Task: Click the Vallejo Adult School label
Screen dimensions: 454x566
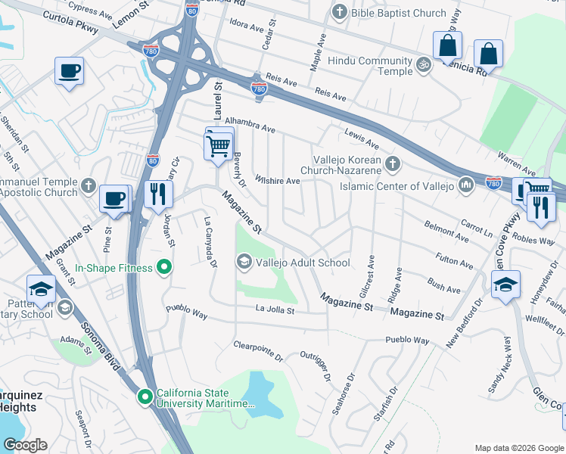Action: (303, 263)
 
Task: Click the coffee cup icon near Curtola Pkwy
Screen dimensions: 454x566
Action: (69, 71)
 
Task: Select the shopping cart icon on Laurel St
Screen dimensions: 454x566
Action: (218, 144)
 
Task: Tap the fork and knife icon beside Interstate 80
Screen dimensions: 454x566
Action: (159, 194)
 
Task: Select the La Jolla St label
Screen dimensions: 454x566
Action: (274, 309)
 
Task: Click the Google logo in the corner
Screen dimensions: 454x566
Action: (26, 444)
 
